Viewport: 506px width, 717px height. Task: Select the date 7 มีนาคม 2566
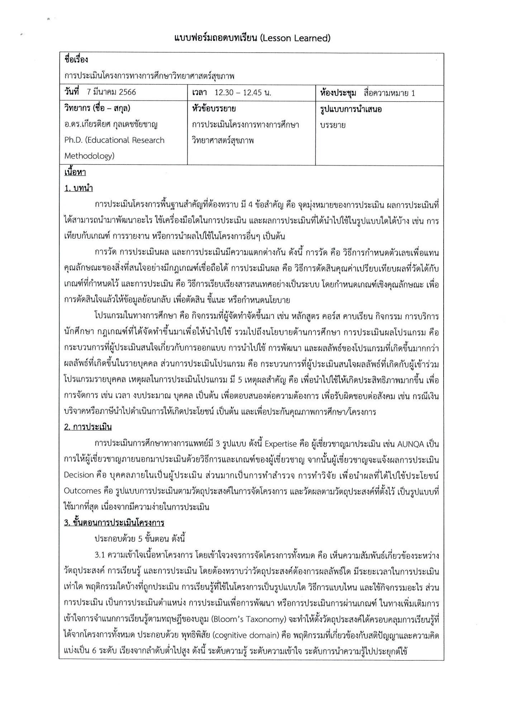pyautogui.click(x=111, y=92)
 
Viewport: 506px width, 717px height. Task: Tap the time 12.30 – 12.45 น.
pyautogui.click(x=242, y=92)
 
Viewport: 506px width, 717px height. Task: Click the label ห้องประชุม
pyautogui.click(x=338, y=93)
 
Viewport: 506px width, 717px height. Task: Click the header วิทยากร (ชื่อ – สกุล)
pyautogui.click(x=97, y=108)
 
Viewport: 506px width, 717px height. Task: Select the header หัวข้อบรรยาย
pyautogui.click(x=214, y=108)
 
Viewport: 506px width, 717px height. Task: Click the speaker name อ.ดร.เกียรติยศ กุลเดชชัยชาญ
pyautogui.click(x=111, y=124)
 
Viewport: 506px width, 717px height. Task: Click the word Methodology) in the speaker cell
pyautogui.click(x=89, y=156)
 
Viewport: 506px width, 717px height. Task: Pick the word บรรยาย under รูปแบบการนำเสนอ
pyautogui.click(x=333, y=125)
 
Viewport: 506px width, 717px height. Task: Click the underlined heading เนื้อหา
pyautogui.click(x=75, y=172)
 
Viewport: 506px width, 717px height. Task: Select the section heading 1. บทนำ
pyautogui.click(x=79, y=188)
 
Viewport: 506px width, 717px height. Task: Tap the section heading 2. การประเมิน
pyautogui.click(x=88, y=427)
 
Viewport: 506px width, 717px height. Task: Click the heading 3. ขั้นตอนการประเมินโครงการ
pyautogui.click(x=114, y=522)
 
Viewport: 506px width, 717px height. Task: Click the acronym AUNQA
pyautogui.click(x=410, y=444)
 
